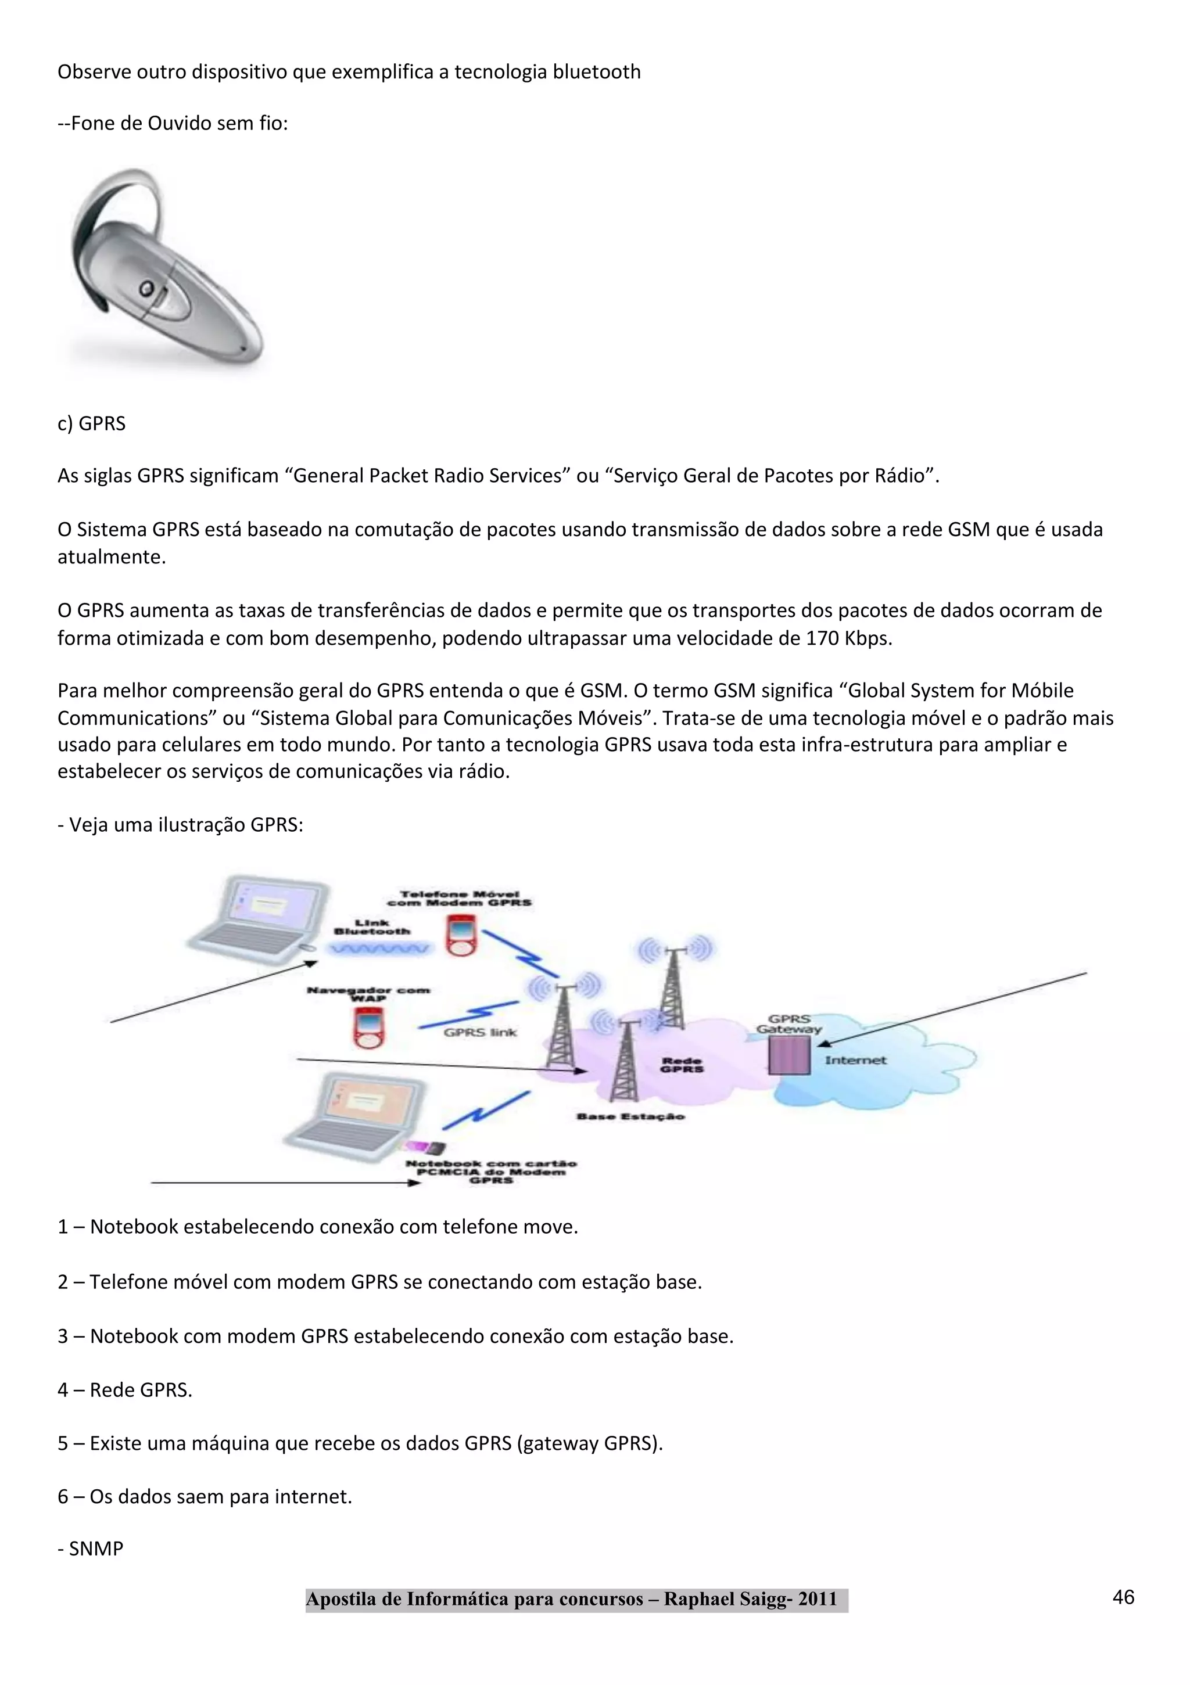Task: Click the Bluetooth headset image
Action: pyautogui.click(x=165, y=268)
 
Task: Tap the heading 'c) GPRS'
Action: pyautogui.click(x=92, y=423)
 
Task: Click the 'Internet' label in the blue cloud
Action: pyautogui.click(x=855, y=1059)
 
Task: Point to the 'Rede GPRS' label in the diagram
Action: pyautogui.click(x=682, y=1065)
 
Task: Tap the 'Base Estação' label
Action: pyautogui.click(x=630, y=1116)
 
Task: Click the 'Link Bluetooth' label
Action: pyautogui.click(x=372, y=927)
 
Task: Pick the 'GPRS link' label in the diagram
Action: pyautogui.click(x=480, y=1032)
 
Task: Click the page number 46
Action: pyautogui.click(x=1123, y=1597)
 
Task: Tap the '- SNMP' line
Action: pyautogui.click(x=91, y=1549)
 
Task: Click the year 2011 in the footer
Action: pyautogui.click(x=817, y=1599)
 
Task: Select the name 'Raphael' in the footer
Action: pyautogui.click(x=697, y=1599)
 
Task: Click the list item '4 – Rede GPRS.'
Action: pyautogui.click(x=125, y=1390)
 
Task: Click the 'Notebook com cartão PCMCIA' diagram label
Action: pyautogui.click(x=491, y=1172)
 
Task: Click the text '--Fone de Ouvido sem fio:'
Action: pyautogui.click(x=173, y=123)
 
